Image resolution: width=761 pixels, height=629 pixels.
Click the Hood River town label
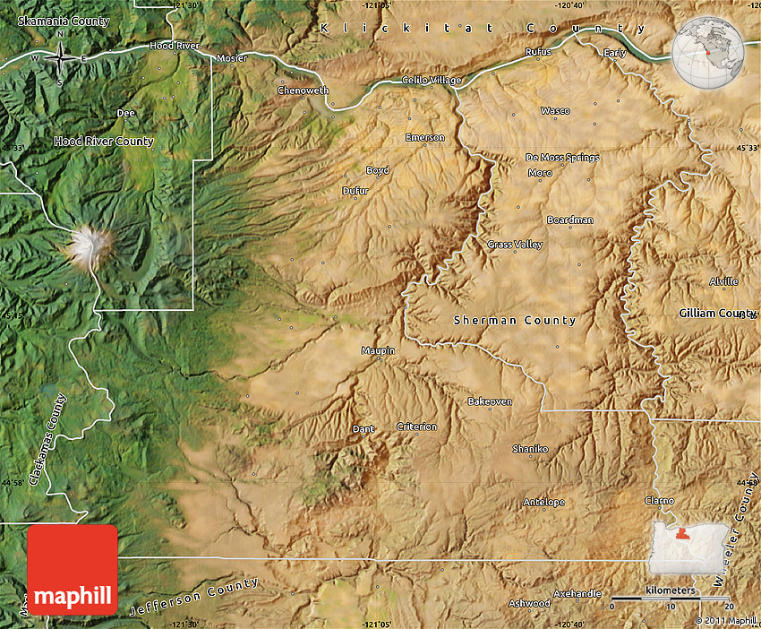[175, 45]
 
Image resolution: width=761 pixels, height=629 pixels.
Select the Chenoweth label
[303, 90]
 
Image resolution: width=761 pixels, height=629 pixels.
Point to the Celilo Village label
[432, 81]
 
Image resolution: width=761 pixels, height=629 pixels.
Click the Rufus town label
[539, 52]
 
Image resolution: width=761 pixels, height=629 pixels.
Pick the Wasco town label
[555, 111]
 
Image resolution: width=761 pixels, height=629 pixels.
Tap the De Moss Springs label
[562, 158]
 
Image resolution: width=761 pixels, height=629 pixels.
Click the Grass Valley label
[515, 245]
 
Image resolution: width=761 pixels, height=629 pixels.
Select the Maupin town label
[378, 350]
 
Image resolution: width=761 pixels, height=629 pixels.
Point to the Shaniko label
[529, 448]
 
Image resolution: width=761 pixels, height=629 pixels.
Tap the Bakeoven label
[490, 401]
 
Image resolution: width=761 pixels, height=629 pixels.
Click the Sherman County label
[515, 320]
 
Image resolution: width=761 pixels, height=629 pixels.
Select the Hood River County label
[104, 142]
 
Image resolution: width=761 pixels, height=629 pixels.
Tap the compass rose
[60, 57]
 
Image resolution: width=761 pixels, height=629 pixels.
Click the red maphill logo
[73, 569]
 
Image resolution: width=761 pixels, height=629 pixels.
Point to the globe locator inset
[708, 53]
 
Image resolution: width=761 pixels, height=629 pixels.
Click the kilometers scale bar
[670, 597]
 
